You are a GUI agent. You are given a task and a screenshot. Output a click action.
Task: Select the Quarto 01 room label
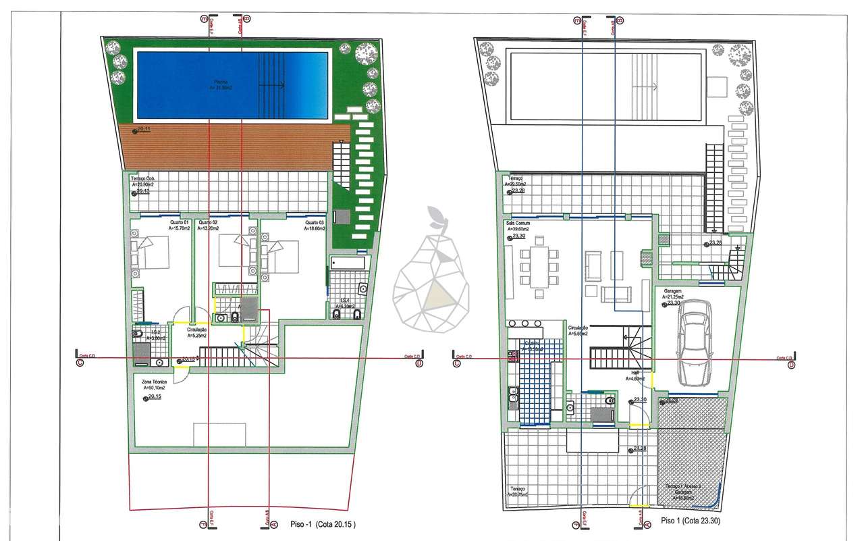point(178,222)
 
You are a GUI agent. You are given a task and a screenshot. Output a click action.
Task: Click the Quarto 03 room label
point(314,222)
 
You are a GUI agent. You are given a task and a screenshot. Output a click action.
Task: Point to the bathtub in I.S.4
point(348,262)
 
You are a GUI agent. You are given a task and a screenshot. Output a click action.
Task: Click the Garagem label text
point(672,291)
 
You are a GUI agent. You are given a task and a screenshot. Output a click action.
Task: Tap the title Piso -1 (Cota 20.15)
point(322,523)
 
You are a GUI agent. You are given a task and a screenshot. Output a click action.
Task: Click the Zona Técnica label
point(155,382)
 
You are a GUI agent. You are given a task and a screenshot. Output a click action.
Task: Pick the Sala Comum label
point(517,223)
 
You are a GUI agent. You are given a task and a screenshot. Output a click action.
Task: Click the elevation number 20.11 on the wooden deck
point(143,130)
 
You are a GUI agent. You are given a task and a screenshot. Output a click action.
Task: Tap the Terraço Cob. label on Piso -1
point(142,179)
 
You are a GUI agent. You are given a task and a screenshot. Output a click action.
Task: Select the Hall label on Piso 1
point(634,372)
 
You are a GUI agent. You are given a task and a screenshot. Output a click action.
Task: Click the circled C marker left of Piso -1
point(80,363)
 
